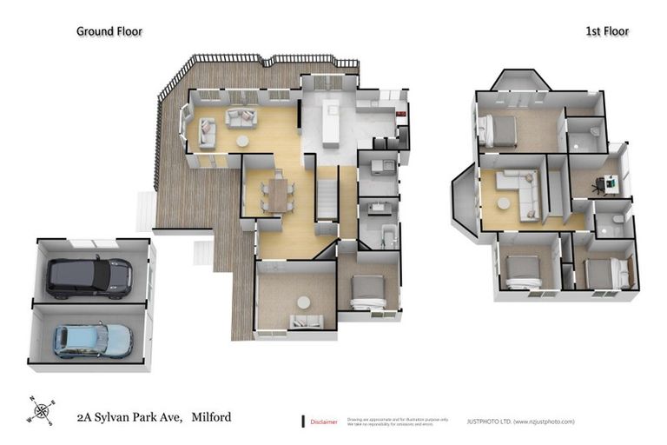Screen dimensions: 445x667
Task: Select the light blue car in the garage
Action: (x=92, y=340)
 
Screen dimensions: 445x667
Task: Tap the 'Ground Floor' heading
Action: (x=109, y=31)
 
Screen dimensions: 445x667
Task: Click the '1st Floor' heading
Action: (x=605, y=31)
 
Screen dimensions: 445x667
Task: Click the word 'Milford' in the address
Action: (x=212, y=417)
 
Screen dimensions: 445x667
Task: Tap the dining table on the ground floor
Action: (x=277, y=193)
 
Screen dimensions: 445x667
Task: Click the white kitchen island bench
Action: (x=330, y=123)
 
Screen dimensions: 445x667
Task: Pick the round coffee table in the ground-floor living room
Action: (x=242, y=141)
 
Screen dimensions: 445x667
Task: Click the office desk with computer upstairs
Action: (x=611, y=183)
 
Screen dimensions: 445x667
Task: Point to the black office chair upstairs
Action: (x=599, y=185)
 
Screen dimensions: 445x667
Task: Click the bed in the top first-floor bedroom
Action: (x=498, y=130)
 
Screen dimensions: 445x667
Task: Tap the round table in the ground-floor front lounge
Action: (x=303, y=302)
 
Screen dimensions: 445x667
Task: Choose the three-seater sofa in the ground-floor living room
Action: (x=239, y=116)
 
